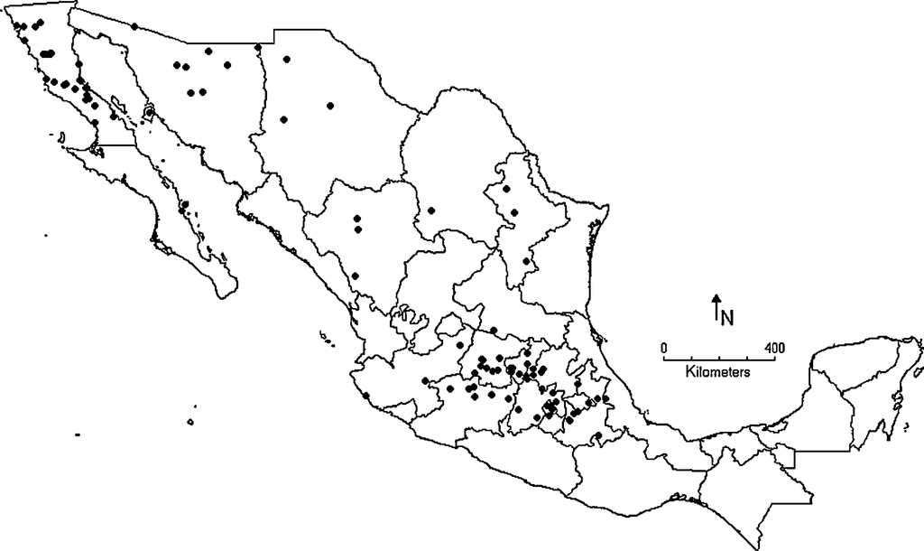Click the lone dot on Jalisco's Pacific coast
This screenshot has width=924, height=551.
click(x=365, y=395)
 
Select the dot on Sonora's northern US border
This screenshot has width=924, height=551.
click(x=134, y=26)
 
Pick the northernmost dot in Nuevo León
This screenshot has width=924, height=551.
click(x=506, y=189)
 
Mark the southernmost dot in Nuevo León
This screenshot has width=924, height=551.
click(x=525, y=262)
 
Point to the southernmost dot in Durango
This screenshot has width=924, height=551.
click(x=355, y=275)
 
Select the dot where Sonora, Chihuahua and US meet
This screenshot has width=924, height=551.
click(x=258, y=47)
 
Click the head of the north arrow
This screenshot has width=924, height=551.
click(x=716, y=298)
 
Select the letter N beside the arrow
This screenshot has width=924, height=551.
click(x=726, y=317)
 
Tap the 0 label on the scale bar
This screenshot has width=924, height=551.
click(x=664, y=347)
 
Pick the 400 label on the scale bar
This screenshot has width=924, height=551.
click(x=773, y=347)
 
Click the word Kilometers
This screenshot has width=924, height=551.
click(x=719, y=371)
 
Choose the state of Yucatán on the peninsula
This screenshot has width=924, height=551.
click(x=857, y=361)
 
